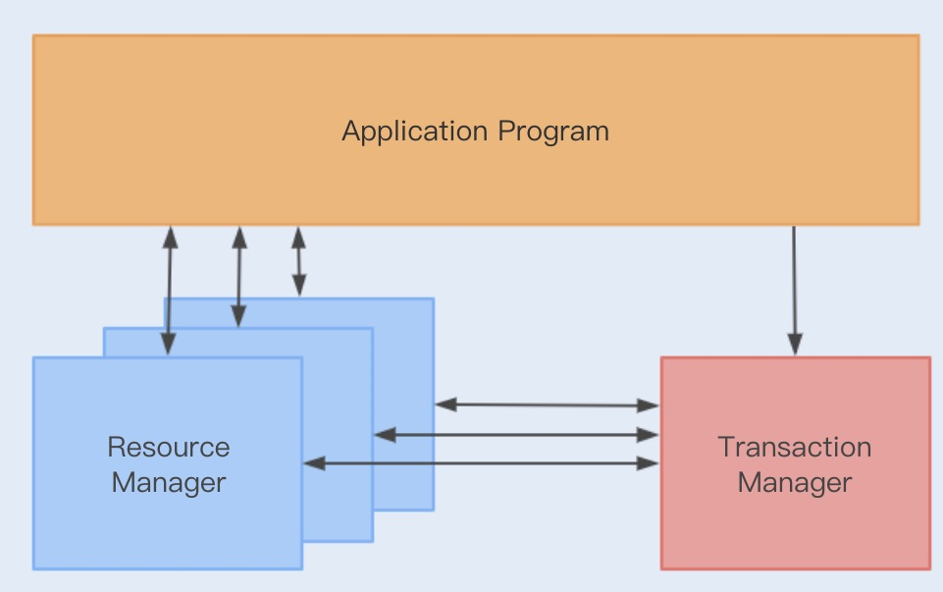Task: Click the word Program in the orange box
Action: pos(553,132)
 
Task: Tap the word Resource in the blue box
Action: pos(168,448)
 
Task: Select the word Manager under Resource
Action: pos(168,483)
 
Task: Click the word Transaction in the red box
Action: pos(795,448)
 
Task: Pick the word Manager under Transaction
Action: pos(795,483)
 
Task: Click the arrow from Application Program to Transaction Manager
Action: pos(794,290)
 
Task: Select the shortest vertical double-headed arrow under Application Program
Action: pos(298,261)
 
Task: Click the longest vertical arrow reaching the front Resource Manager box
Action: pos(170,291)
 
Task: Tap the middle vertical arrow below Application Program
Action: pos(237,276)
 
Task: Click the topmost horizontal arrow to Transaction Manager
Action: pos(547,404)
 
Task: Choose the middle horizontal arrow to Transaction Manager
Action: pos(516,434)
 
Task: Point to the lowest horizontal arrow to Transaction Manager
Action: pos(481,462)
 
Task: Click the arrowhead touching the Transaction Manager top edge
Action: pos(795,346)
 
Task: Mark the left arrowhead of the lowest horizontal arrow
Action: pos(313,462)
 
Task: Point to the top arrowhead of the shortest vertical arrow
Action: pos(298,236)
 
